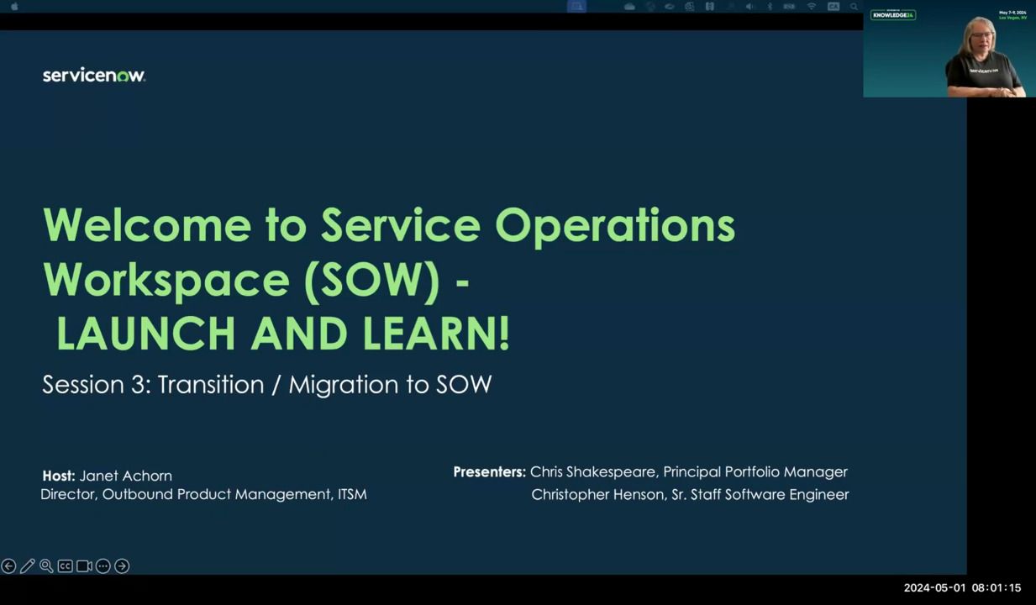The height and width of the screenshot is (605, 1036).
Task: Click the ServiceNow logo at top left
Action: click(94, 76)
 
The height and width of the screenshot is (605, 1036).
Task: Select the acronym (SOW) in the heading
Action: click(371, 280)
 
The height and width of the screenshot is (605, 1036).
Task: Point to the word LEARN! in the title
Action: click(436, 334)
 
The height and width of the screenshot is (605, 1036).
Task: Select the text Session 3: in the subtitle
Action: click(96, 385)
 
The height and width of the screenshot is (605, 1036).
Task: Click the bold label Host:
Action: click(59, 476)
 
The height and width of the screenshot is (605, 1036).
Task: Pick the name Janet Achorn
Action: click(125, 476)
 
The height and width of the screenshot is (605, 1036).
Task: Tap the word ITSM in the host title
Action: click(352, 495)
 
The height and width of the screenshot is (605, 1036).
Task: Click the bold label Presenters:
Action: click(489, 472)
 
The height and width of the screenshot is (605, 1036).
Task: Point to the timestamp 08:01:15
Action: click(996, 588)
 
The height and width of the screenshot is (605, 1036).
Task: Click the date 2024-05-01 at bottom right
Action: click(934, 588)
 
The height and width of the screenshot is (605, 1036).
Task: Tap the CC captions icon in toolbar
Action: click(65, 566)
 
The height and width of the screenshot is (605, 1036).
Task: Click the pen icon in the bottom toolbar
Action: click(28, 566)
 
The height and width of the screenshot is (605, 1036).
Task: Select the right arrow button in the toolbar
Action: click(122, 566)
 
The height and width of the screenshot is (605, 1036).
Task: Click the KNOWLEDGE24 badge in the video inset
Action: click(892, 15)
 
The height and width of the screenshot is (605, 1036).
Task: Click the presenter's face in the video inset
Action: click(981, 39)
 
